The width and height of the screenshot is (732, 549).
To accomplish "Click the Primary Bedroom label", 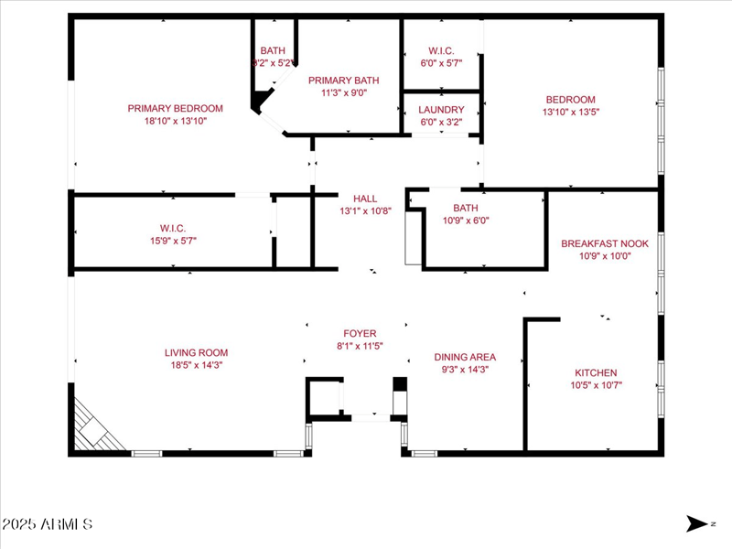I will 175,108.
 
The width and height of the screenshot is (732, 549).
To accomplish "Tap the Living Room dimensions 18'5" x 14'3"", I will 196,364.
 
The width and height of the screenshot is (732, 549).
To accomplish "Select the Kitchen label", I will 596,372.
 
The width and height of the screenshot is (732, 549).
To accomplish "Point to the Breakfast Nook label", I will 604,243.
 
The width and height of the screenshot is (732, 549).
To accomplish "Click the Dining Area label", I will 465,357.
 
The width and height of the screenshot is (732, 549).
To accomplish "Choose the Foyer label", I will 360,333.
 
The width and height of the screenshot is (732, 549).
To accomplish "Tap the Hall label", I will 365,198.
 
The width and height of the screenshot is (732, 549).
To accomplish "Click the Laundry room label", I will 441,109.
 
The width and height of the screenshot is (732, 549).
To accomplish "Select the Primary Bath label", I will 343,80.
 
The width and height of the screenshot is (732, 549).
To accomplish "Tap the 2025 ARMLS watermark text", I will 47,524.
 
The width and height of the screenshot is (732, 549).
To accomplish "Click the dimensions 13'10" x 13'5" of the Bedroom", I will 571,112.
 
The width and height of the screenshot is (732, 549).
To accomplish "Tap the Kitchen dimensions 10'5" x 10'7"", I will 596,385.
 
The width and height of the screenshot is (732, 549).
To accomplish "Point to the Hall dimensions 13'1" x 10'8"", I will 365,210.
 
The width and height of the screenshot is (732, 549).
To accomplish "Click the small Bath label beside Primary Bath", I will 272,50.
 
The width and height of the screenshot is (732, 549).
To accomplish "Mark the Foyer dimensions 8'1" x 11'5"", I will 360,346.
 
